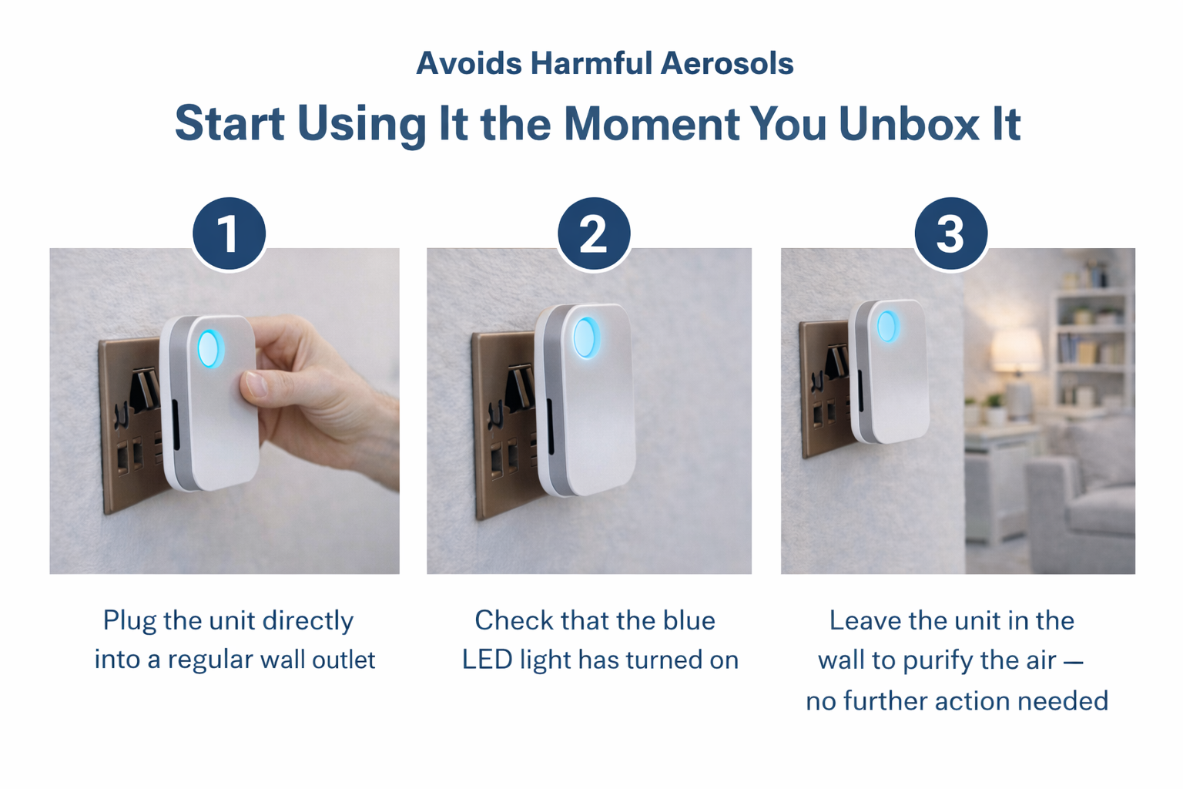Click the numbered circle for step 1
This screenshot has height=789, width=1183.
[229, 233]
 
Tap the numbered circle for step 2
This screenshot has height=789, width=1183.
[594, 233]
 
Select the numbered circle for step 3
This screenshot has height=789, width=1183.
[950, 233]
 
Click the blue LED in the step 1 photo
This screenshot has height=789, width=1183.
[211, 349]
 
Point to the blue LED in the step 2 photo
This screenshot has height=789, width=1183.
[586, 337]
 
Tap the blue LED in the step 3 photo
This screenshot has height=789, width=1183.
[887, 326]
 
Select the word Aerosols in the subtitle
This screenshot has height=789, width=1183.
[727, 63]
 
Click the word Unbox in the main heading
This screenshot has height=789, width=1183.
[909, 124]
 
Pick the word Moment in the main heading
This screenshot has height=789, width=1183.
[652, 124]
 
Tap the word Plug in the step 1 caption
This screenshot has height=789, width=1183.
[129, 621]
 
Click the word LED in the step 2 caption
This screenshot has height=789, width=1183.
[487, 660]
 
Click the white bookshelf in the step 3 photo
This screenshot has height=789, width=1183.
[1092, 349]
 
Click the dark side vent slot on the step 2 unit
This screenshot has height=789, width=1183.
[550, 426]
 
